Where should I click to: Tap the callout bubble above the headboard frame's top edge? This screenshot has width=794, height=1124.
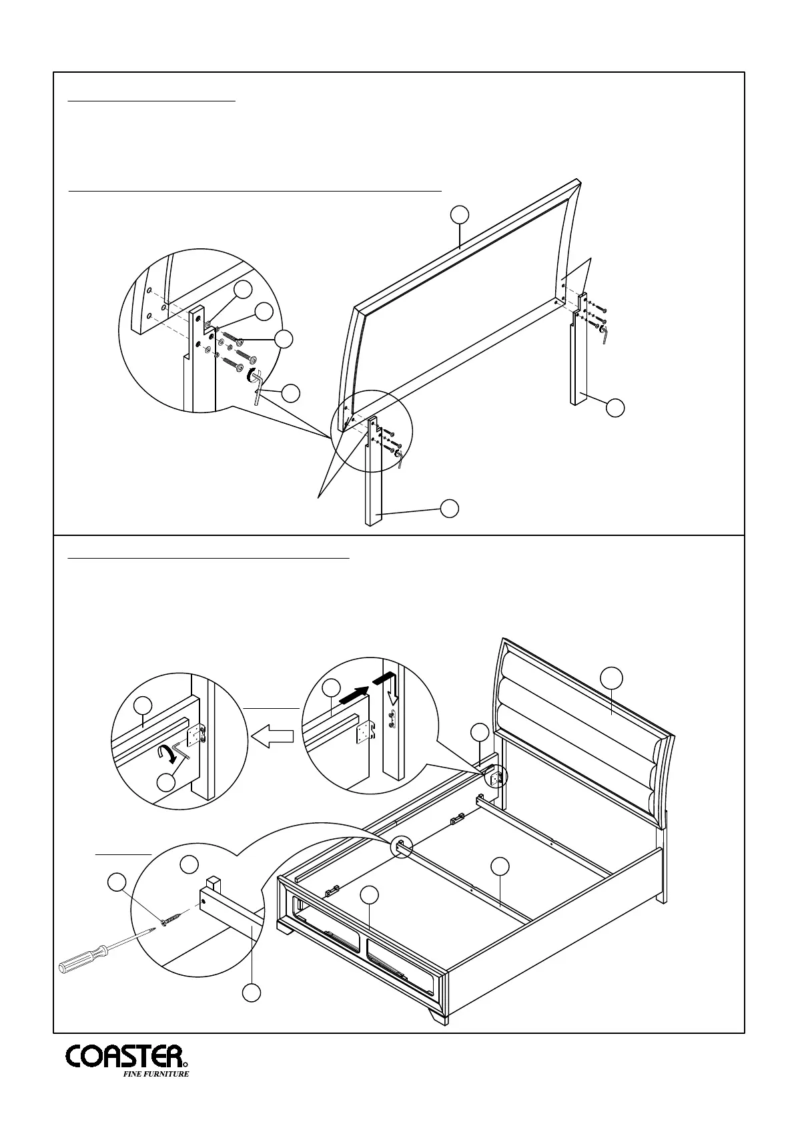click(458, 215)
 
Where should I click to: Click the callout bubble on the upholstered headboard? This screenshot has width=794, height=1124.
click(611, 677)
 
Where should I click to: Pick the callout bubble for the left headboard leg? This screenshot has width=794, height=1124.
click(450, 507)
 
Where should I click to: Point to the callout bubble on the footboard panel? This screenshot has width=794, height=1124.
click(369, 895)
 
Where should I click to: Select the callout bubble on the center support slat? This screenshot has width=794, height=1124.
click(500, 866)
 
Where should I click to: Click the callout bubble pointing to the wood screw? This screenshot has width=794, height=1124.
click(117, 882)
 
